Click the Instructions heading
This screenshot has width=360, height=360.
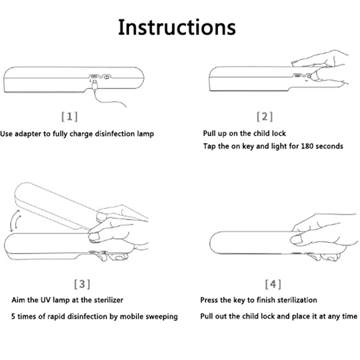click(177, 27)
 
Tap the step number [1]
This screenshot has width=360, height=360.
click(70, 117)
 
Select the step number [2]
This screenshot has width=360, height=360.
click(265, 117)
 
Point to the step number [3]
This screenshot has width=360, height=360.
click(82, 284)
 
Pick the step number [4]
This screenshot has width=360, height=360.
click(273, 284)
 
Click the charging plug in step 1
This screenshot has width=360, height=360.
click(94, 85)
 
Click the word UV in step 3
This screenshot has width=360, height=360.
click(46, 300)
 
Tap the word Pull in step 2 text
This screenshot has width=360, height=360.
click(208, 133)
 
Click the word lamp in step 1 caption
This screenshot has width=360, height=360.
click(145, 134)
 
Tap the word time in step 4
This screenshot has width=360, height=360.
click(350, 316)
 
